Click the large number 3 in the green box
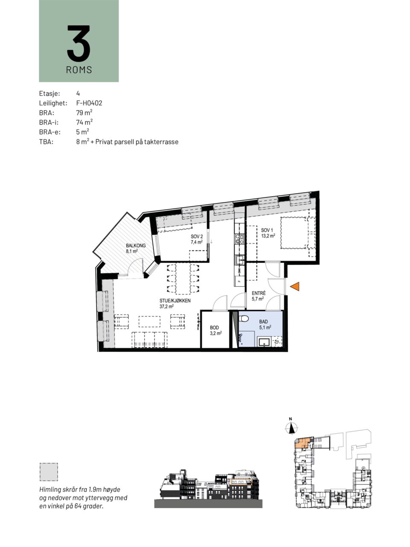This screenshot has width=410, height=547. pos(79,43)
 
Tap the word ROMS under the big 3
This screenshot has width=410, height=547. pos(79,70)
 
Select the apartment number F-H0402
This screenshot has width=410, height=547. pos(89,103)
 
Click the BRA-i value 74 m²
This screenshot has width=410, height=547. pos(85,122)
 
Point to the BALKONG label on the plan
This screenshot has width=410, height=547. pos(136,245)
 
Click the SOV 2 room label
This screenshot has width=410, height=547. pos(196,236)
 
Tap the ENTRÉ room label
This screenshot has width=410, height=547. pos(259,293)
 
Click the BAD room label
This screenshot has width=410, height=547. pos(264,322)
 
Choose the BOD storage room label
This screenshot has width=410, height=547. pos(214,327)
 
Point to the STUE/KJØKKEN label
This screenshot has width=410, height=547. pos(175,300)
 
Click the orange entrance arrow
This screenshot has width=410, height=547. pos(295,286)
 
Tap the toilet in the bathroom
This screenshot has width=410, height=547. pos(244,318)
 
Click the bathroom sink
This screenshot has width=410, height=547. pos(264,342)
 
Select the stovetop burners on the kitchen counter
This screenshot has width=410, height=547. pos(240,238)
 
